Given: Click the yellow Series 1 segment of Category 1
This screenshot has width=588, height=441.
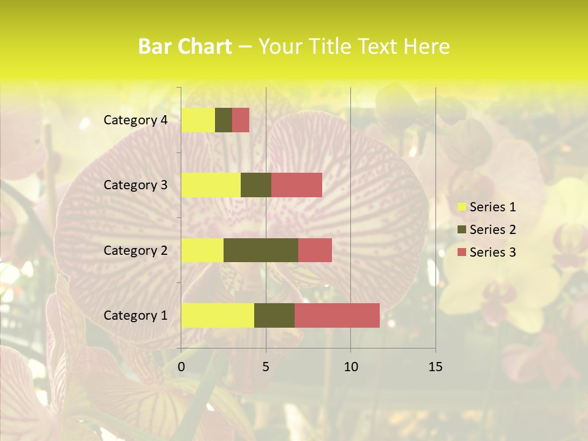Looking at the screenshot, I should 217,315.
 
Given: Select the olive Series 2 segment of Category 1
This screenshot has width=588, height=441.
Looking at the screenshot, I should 274,315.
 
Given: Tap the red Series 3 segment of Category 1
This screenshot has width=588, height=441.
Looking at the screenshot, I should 337,315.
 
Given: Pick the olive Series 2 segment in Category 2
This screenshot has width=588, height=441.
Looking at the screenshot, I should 261,250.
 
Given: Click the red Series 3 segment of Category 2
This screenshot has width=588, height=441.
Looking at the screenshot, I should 315,250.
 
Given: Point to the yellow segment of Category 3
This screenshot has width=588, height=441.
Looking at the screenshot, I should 211,185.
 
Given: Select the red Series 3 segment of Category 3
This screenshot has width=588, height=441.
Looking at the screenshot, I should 296,185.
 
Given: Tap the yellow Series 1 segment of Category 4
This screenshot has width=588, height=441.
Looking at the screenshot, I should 198,120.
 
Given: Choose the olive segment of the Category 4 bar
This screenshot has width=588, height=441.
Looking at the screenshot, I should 224,120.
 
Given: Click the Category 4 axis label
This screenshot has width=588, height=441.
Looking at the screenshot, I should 135,120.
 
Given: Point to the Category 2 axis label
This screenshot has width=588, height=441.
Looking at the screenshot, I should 135,250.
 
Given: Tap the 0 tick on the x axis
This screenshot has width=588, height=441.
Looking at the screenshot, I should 181,367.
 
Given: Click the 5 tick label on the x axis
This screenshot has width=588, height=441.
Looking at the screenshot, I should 266,367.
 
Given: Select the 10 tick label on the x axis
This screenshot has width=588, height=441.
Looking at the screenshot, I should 350,367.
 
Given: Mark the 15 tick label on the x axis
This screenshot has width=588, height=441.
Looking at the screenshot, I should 435,367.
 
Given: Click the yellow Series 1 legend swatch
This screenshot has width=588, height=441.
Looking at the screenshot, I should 461,207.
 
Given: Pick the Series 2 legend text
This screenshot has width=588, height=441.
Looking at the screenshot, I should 492,230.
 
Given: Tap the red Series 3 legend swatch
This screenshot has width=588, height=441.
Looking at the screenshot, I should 461,252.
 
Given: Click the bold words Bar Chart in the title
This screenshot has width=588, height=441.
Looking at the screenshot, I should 185,47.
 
